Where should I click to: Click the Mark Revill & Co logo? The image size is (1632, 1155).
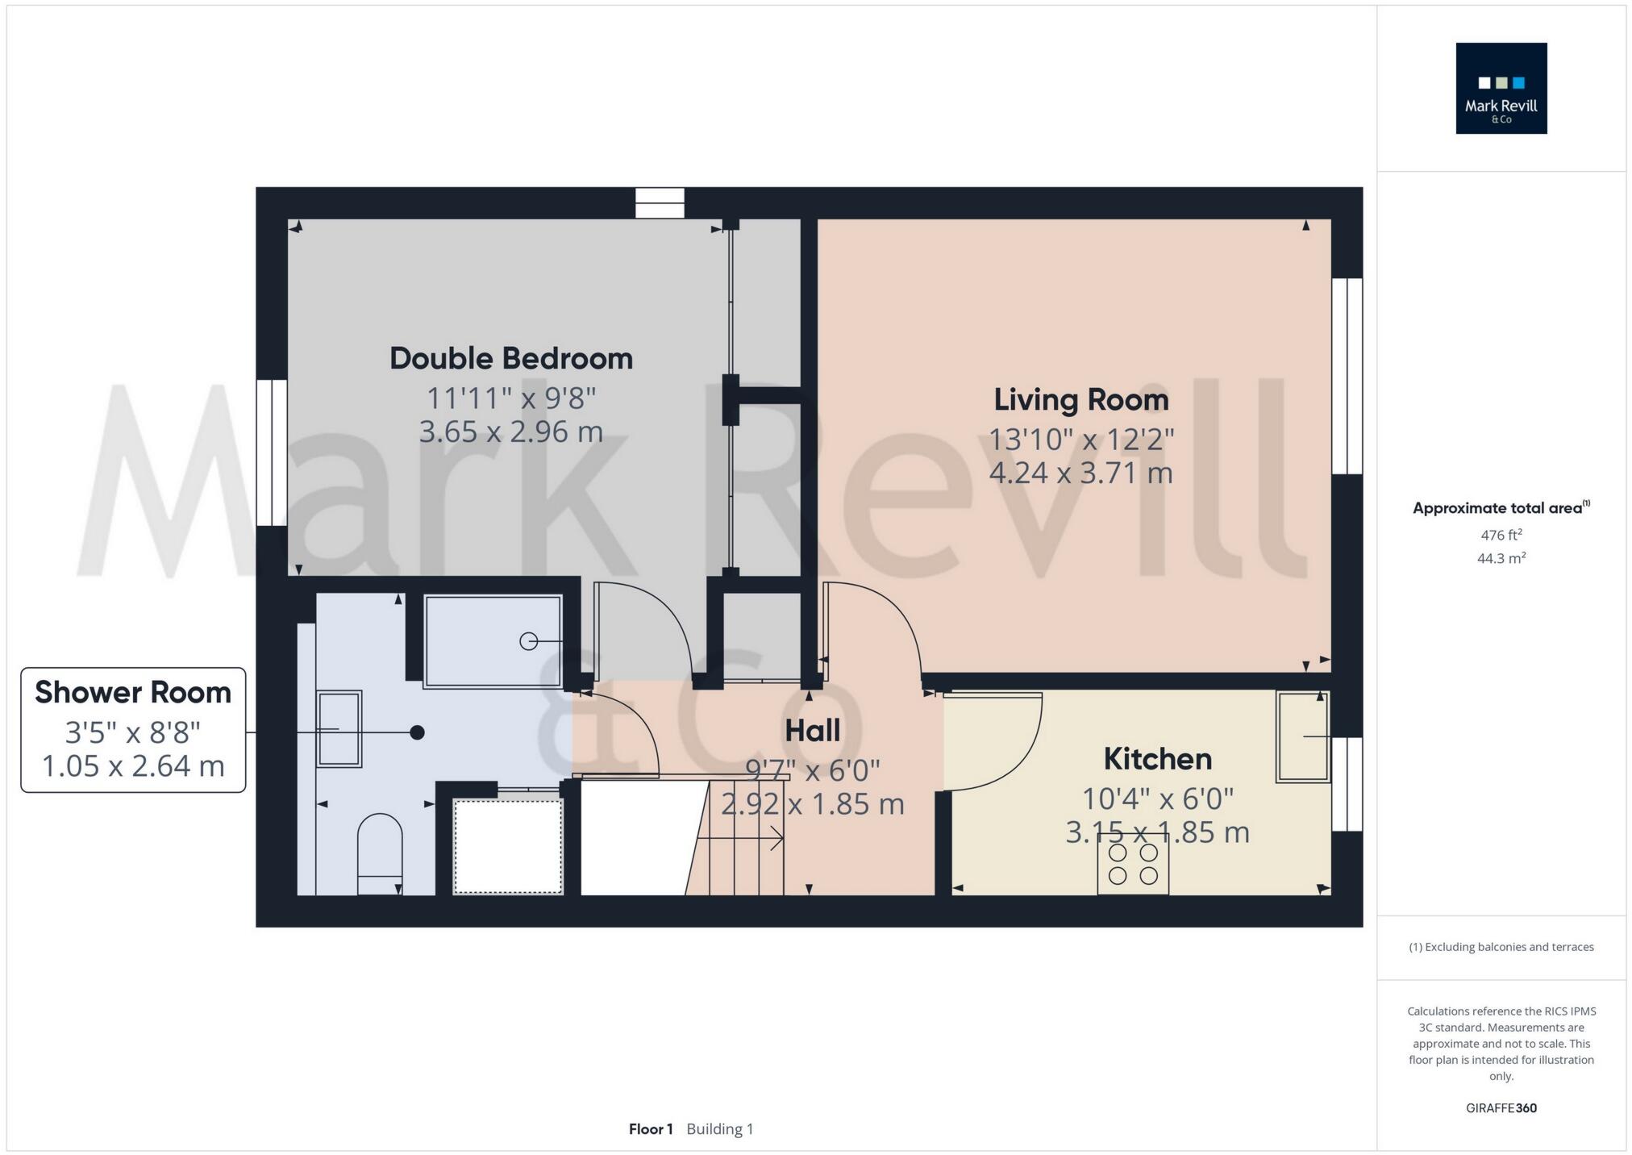(1501, 88)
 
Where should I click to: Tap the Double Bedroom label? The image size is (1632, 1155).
(511, 359)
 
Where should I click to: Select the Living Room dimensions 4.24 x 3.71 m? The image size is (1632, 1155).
(1080, 473)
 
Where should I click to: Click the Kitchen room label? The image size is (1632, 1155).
(1157, 759)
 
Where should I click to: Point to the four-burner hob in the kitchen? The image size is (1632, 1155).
(1132, 864)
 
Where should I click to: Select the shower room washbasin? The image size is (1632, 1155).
(339, 728)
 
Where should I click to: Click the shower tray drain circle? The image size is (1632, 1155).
(528, 641)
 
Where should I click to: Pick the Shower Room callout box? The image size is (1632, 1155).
(133, 729)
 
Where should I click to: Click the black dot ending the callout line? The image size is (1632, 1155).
(417, 732)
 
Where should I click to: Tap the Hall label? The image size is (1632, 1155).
(812, 731)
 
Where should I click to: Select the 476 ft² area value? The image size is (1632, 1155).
(1501, 535)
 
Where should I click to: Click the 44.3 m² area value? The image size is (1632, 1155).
(1501, 558)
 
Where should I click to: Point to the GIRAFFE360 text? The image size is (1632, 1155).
(1501, 1108)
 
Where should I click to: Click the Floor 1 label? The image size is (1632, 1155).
(650, 1129)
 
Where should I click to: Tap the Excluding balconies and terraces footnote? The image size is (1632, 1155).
(1501, 947)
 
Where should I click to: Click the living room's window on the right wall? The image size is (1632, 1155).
(1347, 376)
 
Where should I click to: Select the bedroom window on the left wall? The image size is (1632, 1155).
(272, 452)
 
